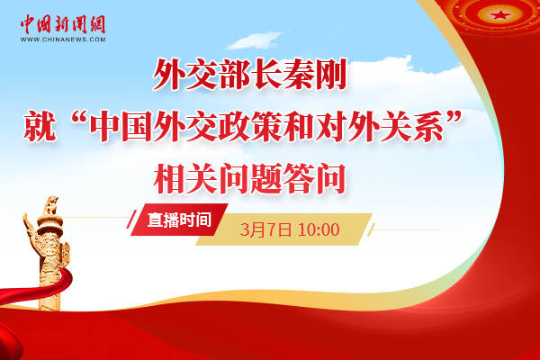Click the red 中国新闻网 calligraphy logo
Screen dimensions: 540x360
[x=63, y=24]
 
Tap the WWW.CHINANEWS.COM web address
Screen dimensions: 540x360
[x=63, y=40]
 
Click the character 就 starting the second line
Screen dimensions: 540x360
[x=40, y=126]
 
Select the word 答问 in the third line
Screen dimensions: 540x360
[x=315, y=179]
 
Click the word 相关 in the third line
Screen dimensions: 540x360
[x=185, y=179]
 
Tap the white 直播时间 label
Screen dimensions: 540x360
[x=179, y=220]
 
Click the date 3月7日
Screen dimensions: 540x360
[x=265, y=229]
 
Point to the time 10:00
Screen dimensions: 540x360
[x=319, y=229]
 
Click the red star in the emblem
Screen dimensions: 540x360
[x=499, y=14]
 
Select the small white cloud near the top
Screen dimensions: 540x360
[x=255, y=40]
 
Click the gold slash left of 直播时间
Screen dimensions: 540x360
[x=131, y=219]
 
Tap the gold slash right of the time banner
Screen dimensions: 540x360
[x=371, y=229]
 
